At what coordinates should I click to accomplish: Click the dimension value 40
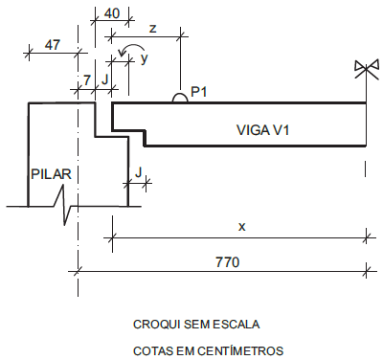pyautogui.click(x=110, y=13)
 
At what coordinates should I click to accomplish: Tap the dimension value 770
pyautogui.click(x=226, y=260)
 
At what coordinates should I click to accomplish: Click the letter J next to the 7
pyautogui.click(x=104, y=75)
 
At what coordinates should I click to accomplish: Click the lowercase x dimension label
pyautogui.click(x=241, y=226)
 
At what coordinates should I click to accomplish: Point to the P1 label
pyautogui.click(x=199, y=92)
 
